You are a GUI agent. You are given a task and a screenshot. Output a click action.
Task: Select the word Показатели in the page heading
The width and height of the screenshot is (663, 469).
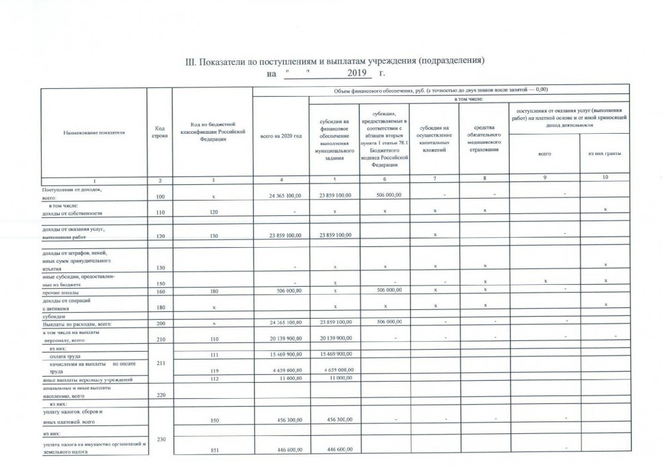coord(231,62)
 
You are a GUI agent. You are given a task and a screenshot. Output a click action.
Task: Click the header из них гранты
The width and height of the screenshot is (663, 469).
coord(604,154)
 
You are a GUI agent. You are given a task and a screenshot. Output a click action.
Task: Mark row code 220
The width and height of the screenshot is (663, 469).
coord(159,395)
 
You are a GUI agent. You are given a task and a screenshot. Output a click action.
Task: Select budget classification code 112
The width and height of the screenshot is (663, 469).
coord(212,380)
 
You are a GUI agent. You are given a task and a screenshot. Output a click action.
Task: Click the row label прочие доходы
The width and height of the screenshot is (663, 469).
coord(54,290)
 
